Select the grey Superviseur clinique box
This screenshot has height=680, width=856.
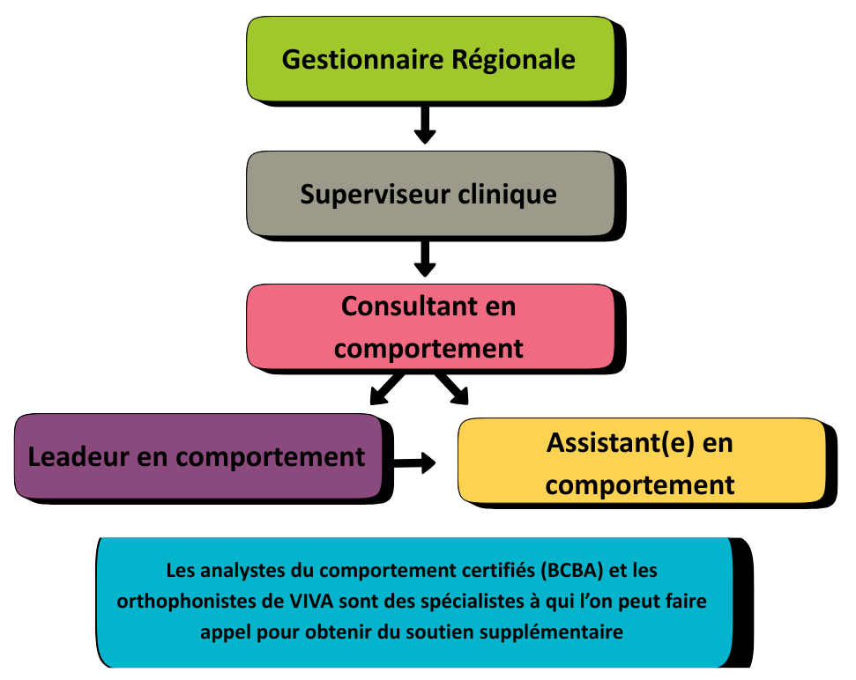(429, 193)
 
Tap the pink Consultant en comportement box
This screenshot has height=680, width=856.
(429, 327)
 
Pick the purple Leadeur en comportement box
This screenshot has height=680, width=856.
(198, 456)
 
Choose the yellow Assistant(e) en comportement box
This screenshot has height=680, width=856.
(641, 463)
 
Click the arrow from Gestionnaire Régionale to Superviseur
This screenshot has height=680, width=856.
(425, 124)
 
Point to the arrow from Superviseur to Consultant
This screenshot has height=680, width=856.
(425, 257)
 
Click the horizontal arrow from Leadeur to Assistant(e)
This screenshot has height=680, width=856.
(413, 462)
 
